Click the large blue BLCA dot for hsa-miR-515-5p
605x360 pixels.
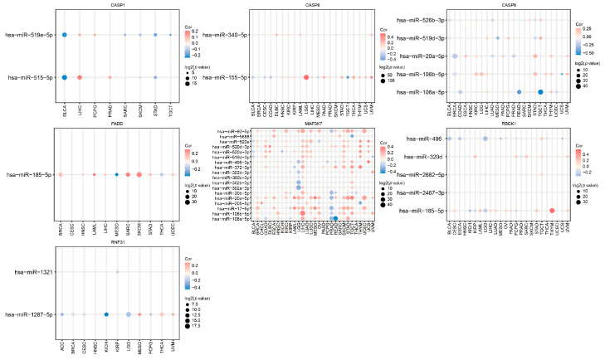(x=64, y=78)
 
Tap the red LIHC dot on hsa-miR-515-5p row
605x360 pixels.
(x=80, y=78)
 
